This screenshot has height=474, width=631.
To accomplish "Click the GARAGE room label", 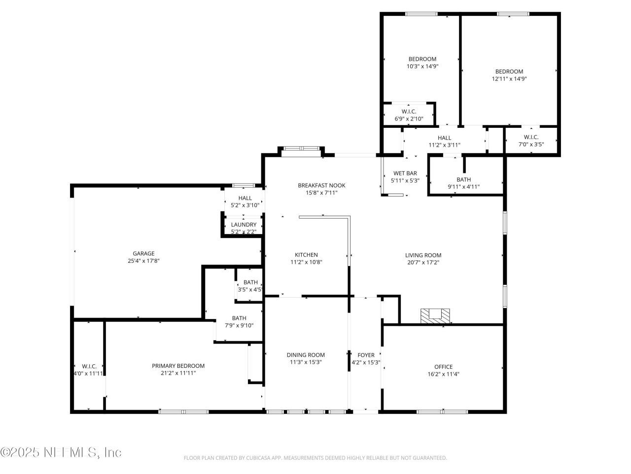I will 143,253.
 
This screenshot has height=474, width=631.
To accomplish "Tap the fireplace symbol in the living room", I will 435,316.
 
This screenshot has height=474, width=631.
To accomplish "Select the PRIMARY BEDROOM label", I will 178,366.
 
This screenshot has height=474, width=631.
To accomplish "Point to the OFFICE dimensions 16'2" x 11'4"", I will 443,374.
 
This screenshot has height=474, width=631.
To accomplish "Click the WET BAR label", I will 405,173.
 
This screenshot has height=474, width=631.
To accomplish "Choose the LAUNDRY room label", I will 244,225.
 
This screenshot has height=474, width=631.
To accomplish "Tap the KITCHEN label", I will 306,255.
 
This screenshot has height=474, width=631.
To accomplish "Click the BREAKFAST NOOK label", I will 321,185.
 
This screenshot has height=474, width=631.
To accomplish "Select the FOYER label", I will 366,355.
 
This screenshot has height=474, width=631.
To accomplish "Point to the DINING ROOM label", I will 306,355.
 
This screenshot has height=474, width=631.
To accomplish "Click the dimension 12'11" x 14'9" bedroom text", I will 509,79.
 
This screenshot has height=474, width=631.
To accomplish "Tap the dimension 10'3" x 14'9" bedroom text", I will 422,66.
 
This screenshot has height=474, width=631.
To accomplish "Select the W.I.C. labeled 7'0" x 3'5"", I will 531,141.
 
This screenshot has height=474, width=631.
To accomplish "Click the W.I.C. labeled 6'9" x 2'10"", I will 409,115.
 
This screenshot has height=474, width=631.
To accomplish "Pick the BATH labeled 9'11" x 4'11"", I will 463,183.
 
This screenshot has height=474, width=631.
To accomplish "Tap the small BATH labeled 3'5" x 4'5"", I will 250,286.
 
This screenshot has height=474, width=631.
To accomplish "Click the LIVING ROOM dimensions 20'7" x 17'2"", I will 423,263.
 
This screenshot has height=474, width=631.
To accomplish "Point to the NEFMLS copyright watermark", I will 61,452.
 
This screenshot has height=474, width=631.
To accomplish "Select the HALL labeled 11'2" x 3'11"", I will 444,141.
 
